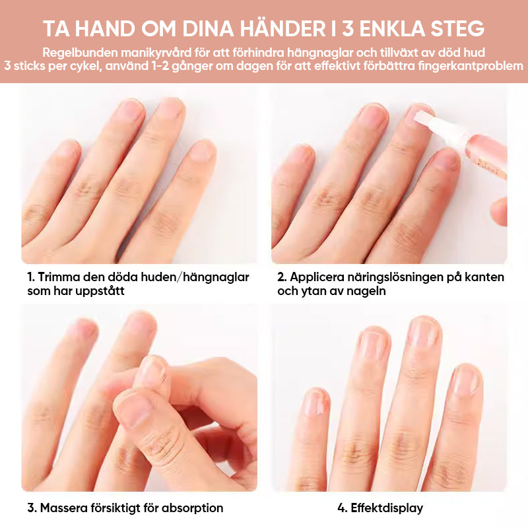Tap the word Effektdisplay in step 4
pos(387,508)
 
